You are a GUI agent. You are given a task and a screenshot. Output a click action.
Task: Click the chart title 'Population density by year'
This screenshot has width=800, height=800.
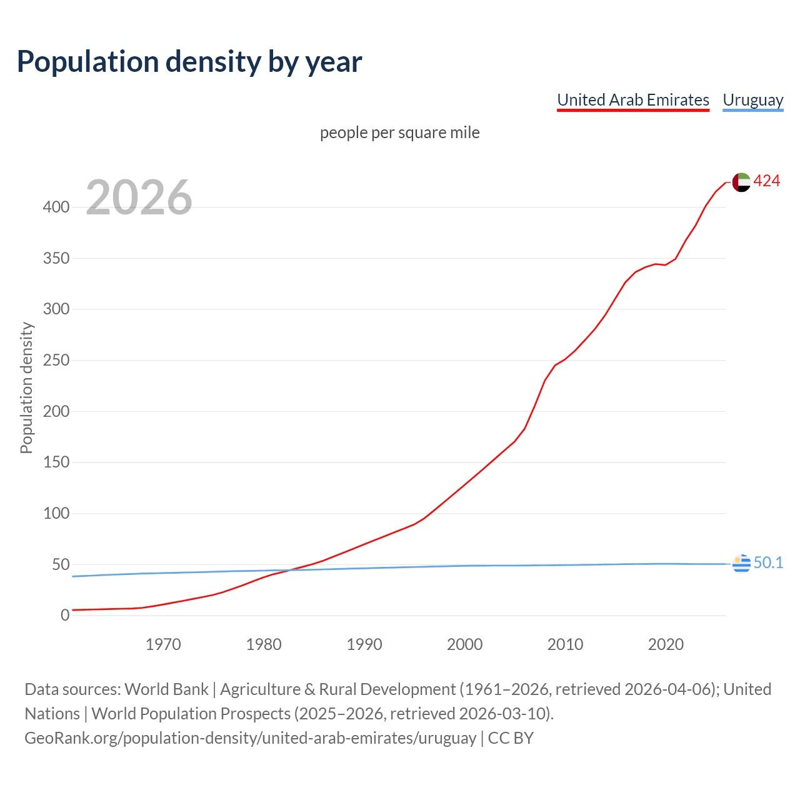189,61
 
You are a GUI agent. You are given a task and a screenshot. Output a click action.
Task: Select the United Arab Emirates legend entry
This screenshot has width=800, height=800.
632,100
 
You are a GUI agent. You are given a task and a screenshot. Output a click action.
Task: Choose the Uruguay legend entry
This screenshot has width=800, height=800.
752,100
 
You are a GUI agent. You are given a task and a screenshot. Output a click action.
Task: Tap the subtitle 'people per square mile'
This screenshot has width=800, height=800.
399,132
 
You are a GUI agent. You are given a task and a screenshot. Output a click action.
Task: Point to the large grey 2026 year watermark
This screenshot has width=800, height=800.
139,197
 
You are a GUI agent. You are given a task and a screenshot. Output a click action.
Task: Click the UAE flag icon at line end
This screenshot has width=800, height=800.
741,182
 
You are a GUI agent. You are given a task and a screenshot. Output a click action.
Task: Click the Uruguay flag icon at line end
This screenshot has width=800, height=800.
741,563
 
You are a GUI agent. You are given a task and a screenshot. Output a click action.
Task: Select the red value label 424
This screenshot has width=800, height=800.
766,181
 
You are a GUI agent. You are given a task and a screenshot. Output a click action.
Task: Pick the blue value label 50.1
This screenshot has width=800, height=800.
768,563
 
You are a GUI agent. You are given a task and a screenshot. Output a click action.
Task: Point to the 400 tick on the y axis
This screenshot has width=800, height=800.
56,207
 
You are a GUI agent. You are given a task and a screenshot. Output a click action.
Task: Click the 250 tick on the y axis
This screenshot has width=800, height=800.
56,361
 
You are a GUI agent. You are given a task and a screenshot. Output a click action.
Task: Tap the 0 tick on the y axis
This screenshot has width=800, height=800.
65,616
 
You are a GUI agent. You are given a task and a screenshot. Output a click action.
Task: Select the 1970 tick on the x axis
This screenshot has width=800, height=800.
163,644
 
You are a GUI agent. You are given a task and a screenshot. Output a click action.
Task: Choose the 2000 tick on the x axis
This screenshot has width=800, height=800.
464,644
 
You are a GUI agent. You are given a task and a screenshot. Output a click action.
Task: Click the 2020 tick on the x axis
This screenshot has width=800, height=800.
666,644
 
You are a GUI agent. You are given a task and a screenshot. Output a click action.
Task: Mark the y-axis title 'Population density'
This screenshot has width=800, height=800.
26,387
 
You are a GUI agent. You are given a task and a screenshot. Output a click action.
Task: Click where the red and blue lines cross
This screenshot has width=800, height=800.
289,570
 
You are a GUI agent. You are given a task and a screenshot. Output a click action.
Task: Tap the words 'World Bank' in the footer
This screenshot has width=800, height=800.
166,689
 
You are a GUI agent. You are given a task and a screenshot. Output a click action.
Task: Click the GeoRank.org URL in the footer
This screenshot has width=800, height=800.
250,738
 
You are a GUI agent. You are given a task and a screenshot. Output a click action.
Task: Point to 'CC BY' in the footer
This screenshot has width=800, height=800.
511,738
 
